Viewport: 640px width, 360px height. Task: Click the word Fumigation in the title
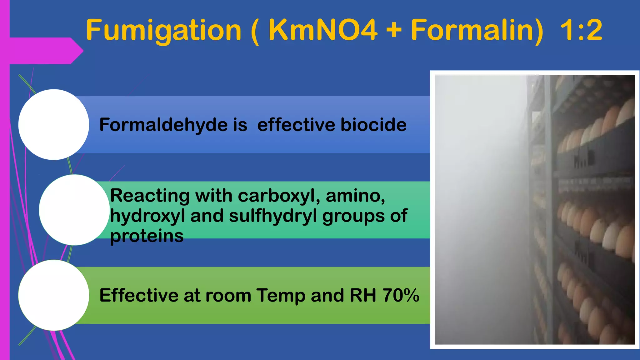pos(163,30)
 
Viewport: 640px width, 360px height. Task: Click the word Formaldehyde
pos(163,125)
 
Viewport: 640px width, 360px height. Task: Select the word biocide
pos(373,125)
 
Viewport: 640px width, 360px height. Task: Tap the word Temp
pos(281,296)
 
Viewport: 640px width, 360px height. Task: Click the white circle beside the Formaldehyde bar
pos(54,125)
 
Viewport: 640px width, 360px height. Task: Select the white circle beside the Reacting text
pos(74,210)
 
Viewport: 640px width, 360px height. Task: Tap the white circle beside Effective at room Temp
pos(54,295)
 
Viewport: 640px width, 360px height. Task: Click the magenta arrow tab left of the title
pos(47,51)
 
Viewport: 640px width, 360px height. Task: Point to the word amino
pos(355,196)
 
